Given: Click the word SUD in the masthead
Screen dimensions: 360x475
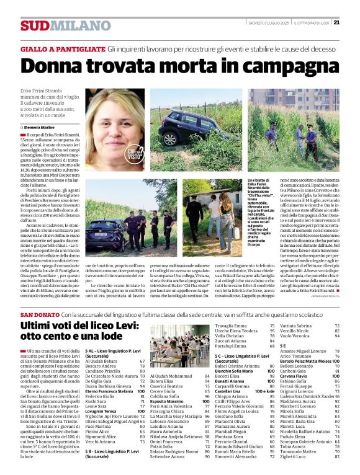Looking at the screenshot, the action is (34, 25).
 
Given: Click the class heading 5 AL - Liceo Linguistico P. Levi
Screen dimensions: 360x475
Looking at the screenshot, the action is (115, 352).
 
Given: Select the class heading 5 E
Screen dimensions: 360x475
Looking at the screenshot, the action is (282, 345).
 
